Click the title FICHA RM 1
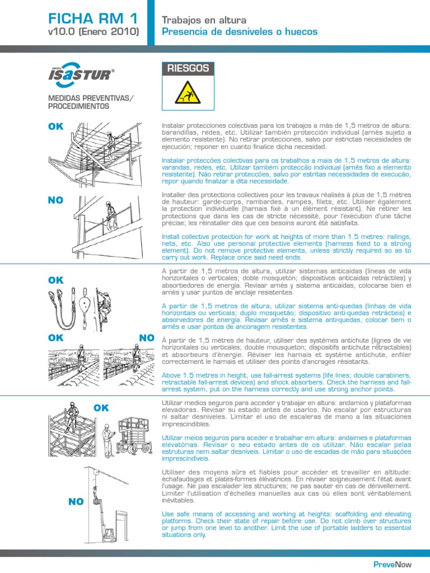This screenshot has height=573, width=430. (x=92, y=18)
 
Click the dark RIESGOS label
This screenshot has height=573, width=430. (x=188, y=69)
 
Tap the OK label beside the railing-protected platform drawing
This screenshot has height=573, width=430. (x=57, y=126)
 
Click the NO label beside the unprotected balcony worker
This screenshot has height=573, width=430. (x=56, y=199)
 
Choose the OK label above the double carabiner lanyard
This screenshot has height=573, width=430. (x=57, y=280)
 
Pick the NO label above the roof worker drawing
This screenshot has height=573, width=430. (x=147, y=337)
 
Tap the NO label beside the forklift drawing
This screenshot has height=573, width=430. (x=76, y=501)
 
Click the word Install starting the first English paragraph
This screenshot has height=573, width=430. (x=170, y=236)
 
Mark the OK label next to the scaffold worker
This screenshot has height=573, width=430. (x=101, y=408)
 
